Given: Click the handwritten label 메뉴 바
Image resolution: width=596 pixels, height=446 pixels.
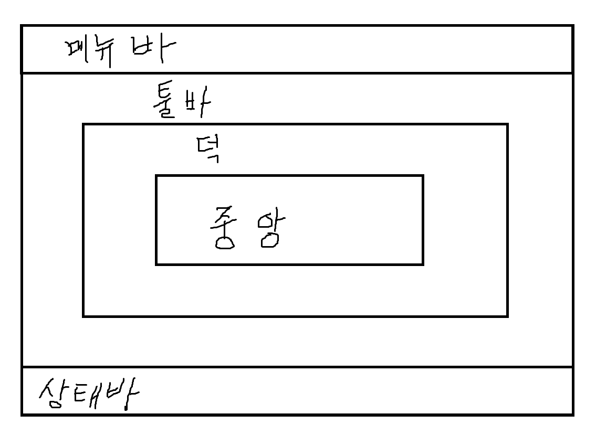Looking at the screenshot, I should (119, 51).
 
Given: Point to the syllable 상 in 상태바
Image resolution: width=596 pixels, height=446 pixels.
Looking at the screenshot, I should (51, 394).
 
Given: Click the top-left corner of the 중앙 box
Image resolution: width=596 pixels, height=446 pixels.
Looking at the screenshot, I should (156, 176).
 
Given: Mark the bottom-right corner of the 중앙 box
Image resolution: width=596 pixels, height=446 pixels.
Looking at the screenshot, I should (423, 264).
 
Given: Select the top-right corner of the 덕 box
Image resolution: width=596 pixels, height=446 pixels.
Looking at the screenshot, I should (507, 125).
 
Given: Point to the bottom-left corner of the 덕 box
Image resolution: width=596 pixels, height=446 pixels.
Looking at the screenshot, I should (83, 316).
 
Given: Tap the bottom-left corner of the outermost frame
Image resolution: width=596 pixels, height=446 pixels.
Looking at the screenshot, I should (22, 415).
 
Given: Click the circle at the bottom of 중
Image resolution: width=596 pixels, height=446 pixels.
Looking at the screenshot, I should (225, 242).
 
